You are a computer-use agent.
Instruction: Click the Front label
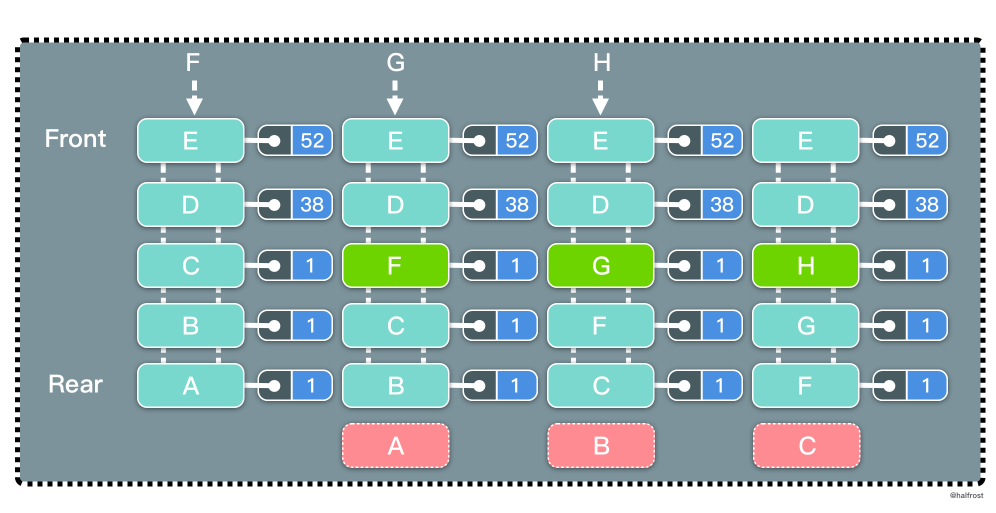(x=75, y=138)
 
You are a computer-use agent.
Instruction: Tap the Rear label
(x=75, y=384)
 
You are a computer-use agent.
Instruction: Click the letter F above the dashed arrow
(x=192, y=63)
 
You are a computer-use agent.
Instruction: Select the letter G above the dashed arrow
(x=395, y=63)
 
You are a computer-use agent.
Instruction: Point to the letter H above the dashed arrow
(x=601, y=63)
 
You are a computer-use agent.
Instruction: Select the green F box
(x=395, y=265)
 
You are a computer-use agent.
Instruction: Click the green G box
(x=600, y=265)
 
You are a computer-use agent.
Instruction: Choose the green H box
(x=805, y=265)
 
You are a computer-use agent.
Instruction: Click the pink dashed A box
(x=395, y=445)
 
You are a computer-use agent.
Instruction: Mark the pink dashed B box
(x=601, y=445)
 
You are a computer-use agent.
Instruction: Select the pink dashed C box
(x=806, y=445)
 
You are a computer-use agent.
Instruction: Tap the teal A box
(x=190, y=385)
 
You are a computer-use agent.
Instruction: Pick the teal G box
(x=805, y=325)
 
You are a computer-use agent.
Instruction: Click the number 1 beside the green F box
(x=516, y=265)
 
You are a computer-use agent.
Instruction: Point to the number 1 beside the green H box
(x=926, y=265)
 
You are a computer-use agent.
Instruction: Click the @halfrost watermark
(x=966, y=495)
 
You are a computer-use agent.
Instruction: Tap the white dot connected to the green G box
(x=684, y=266)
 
